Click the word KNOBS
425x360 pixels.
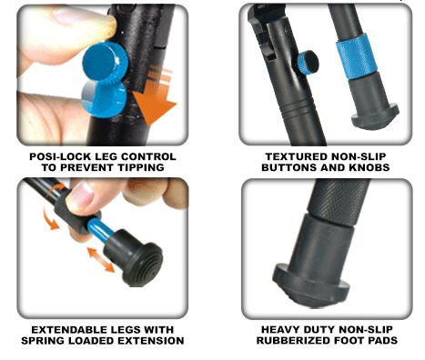(x=369, y=167)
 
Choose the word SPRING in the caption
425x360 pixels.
(x=43, y=341)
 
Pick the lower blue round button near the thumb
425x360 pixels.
(x=103, y=98)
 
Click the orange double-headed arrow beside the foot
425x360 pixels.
(x=101, y=259)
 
